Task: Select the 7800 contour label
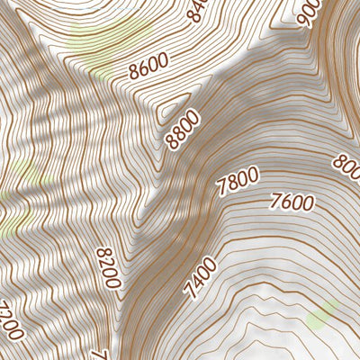[238, 181]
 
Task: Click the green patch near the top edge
[101, 36]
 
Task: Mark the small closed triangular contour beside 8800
[171, 112]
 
